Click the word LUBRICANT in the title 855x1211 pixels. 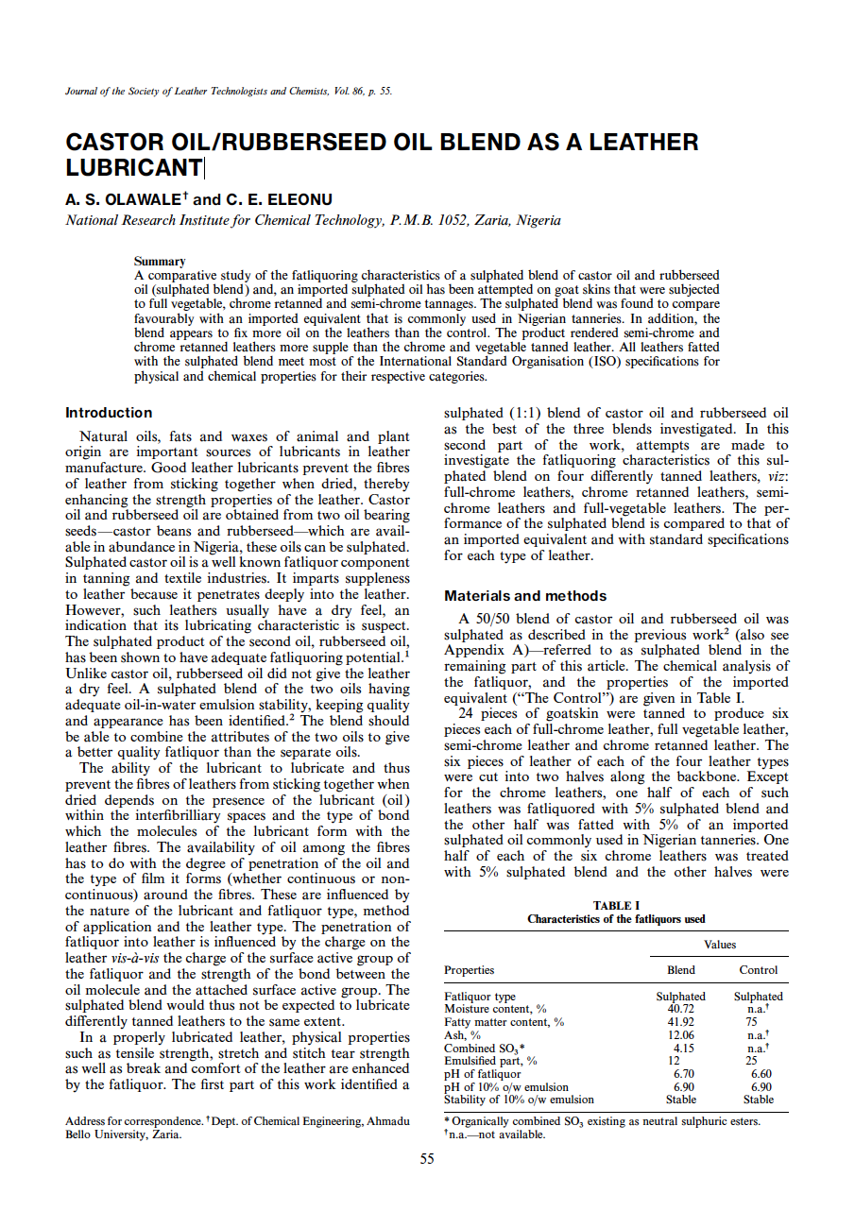(x=133, y=168)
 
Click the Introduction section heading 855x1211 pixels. (x=109, y=413)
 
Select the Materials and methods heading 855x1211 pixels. (x=525, y=596)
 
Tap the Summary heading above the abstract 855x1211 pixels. (x=160, y=261)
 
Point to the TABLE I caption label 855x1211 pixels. (x=616, y=906)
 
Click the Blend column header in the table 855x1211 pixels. (x=680, y=970)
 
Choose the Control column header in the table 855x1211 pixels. (x=758, y=970)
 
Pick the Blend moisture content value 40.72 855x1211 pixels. (x=680, y=1009)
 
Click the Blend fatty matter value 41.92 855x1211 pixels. (x=680, y=1022)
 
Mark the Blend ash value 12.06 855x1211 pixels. (x=680, y=1035)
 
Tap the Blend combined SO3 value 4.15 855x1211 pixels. (x=682, y=1049)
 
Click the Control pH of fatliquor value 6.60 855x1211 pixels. (x=760, y=1074)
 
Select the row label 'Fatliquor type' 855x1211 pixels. (x=480, y=997)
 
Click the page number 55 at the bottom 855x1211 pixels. (x=427, y=1159)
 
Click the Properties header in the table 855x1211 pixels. (x=469, y=970)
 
